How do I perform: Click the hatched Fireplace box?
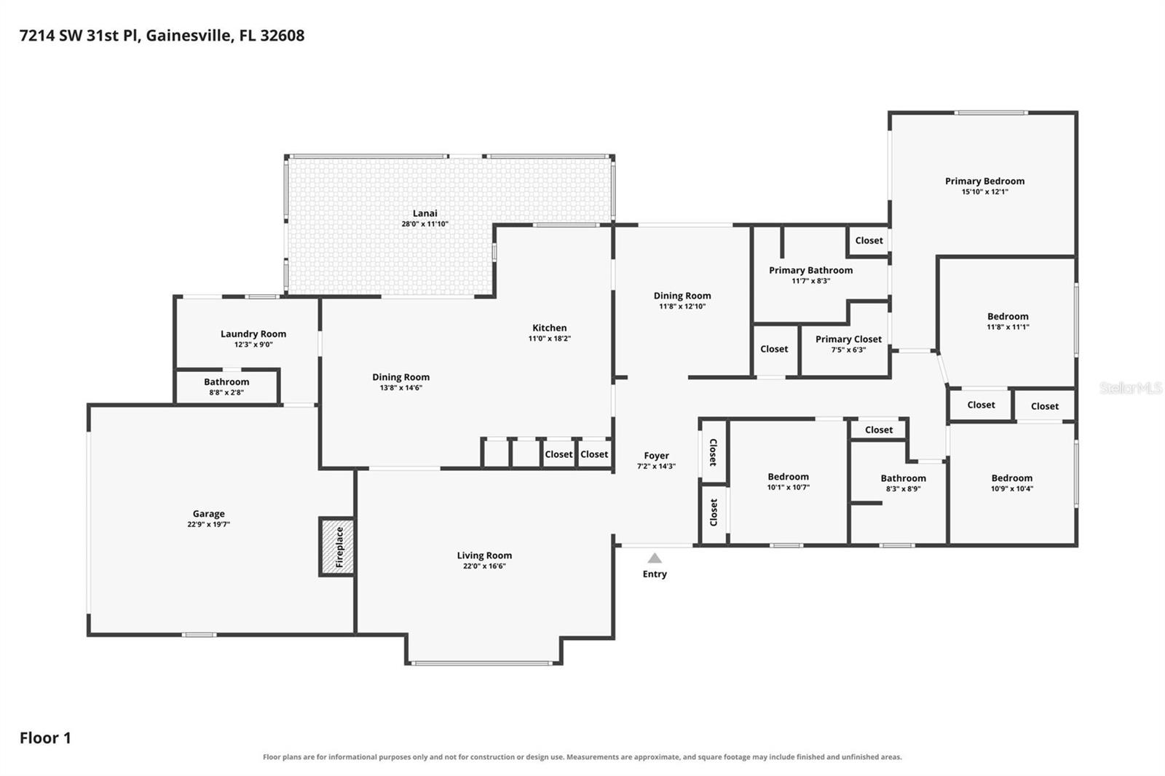coord(338,547)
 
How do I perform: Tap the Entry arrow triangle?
coord(655,558)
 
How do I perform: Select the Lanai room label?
coord(425,213)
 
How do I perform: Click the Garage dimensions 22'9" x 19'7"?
coord(208,524)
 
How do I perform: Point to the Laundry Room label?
coord(253,334)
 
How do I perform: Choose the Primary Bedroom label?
coord(984,181)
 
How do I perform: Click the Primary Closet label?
coord(848,339)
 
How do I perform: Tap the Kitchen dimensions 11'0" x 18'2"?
coord(549,338)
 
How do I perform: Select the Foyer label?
coord(656,456)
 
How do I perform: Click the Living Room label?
coord(484,555)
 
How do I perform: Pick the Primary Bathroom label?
coord(811,271)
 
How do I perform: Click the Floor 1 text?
coord(45,738)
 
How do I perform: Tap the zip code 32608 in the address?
coord(283,36)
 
